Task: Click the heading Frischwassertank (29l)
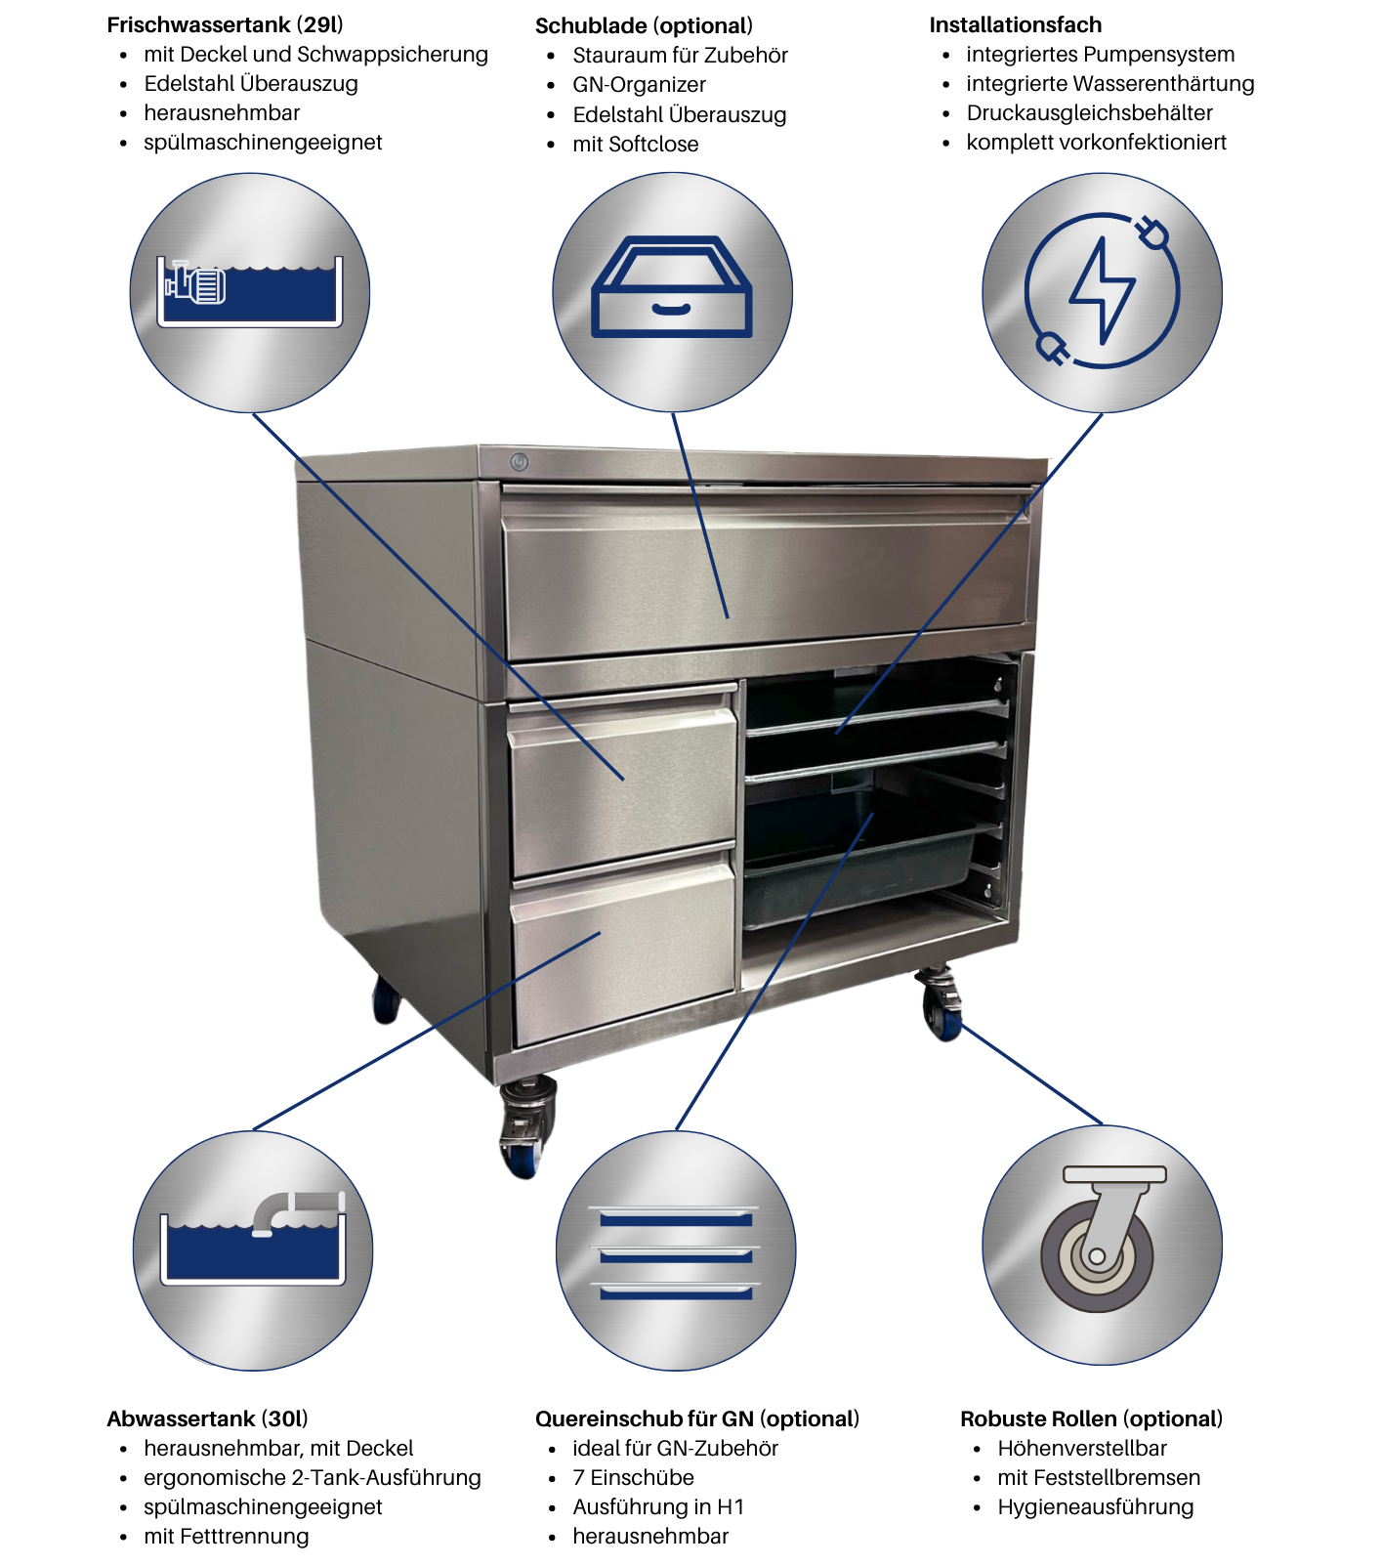225,24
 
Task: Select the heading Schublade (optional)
644,25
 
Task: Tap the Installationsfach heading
1015,24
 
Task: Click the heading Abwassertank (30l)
207,1418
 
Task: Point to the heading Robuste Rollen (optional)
1091,1418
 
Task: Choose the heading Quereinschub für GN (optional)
697,1418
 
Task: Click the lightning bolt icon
1103,290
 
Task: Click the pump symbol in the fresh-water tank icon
195,283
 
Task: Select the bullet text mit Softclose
636,144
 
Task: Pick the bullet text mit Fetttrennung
227,1536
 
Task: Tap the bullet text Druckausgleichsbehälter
1089,112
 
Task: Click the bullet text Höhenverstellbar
1082,1448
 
